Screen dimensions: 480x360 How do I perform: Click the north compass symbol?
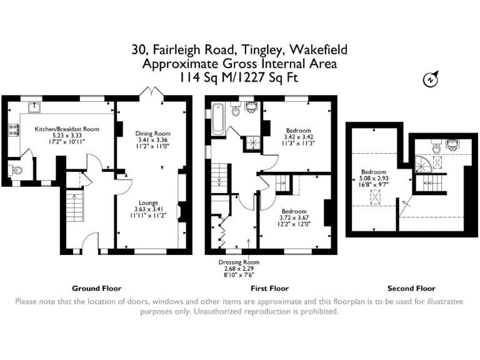(431, 79)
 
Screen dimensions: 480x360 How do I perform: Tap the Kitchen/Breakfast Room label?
(67, 129)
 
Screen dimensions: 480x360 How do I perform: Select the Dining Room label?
(152, 134)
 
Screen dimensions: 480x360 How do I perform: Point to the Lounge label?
(149, 202)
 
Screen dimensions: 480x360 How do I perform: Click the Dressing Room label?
(239, 262)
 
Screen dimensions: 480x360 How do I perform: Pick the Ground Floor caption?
(97, 288)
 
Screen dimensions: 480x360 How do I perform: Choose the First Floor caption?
(270, 288)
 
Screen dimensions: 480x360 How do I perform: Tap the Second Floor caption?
(411, 288)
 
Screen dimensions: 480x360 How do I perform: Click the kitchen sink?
(34, 107)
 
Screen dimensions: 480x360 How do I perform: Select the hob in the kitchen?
(14, 130)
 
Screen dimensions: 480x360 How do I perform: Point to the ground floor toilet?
(16, 170)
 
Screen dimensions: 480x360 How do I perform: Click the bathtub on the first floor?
(218, 119)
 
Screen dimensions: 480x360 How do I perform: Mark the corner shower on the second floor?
(423, 164)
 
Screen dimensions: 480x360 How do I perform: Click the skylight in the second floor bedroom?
(375, 197)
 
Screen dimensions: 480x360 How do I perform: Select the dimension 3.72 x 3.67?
(294, 218)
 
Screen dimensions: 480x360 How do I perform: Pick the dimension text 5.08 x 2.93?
(374, 179)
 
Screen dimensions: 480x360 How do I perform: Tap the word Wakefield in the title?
(318, 49)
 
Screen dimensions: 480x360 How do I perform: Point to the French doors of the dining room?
(152, 91)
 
